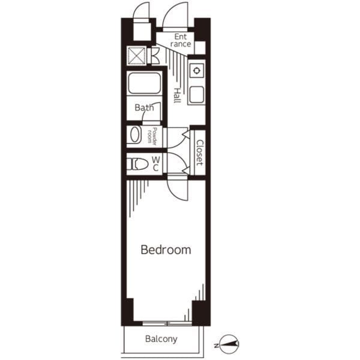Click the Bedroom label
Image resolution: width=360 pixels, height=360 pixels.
point(166,250)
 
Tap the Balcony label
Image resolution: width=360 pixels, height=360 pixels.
point(161,339)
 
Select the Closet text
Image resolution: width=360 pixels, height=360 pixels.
point(199,152)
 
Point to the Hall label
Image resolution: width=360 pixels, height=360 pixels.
point(177,95)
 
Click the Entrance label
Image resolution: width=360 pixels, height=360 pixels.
point(181,40)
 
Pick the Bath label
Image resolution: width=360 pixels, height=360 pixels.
point(144,107)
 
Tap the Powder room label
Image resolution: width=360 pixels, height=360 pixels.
point(152,136)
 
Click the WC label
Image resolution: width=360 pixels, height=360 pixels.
point(156,163)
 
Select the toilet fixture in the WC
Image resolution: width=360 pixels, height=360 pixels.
point(137,164)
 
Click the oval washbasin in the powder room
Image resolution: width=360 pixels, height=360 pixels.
point(135,134)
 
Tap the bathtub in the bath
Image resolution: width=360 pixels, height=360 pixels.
point(145,83)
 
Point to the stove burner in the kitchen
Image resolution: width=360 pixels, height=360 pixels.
point(197,70)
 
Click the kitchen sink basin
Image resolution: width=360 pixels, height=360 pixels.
point(197,95)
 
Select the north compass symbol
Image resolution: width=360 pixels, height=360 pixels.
point(229,344)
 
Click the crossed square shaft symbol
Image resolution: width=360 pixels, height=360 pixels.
point(137,56)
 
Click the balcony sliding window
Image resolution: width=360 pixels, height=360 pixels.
point(167,324)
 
